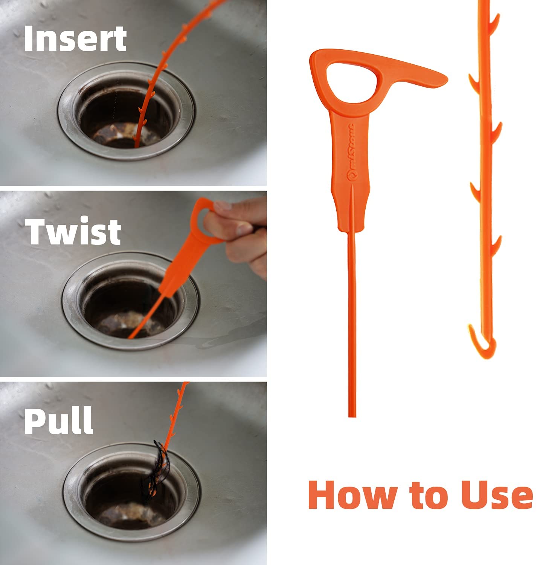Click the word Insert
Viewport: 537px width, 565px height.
click(x=75, y=39)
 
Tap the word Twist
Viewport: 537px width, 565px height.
click(x=73, y=231)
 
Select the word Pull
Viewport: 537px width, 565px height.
click(x=58, y=421)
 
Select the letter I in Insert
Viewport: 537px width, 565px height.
click(x=28, y=39)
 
